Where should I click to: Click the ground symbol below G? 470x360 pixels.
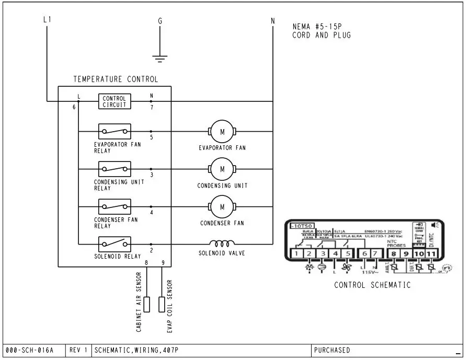tap(161, 56)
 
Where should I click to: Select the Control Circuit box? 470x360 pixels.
tap(114, 101)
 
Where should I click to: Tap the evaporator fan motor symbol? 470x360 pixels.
tap(222, 131)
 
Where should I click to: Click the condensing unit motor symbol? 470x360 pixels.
tap(222, 169)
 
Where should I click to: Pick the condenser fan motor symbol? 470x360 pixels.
tap(222, 206)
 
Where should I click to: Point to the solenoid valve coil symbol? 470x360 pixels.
tap(222, 243)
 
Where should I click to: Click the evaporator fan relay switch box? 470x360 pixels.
tap(114, 131)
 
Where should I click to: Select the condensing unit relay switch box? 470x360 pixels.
tap(114, 169)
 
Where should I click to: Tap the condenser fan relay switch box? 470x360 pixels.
tap(114, 206)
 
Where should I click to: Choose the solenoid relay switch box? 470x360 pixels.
tap(114, 243)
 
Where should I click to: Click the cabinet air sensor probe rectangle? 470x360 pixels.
tap(147, 304)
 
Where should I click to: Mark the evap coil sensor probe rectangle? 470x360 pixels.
tap(162, 304)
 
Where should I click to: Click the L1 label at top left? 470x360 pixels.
tap(47, 20)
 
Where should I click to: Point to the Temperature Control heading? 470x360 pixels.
tap(115, 79)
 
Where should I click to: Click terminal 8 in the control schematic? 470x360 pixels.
tap(393, 254)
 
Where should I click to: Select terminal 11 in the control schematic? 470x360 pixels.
tap(431, 254)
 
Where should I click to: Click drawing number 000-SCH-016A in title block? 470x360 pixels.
tap(29, 350)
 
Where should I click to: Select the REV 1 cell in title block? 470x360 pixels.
tap(78, 350)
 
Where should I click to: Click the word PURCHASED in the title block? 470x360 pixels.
tap(333, 350)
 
